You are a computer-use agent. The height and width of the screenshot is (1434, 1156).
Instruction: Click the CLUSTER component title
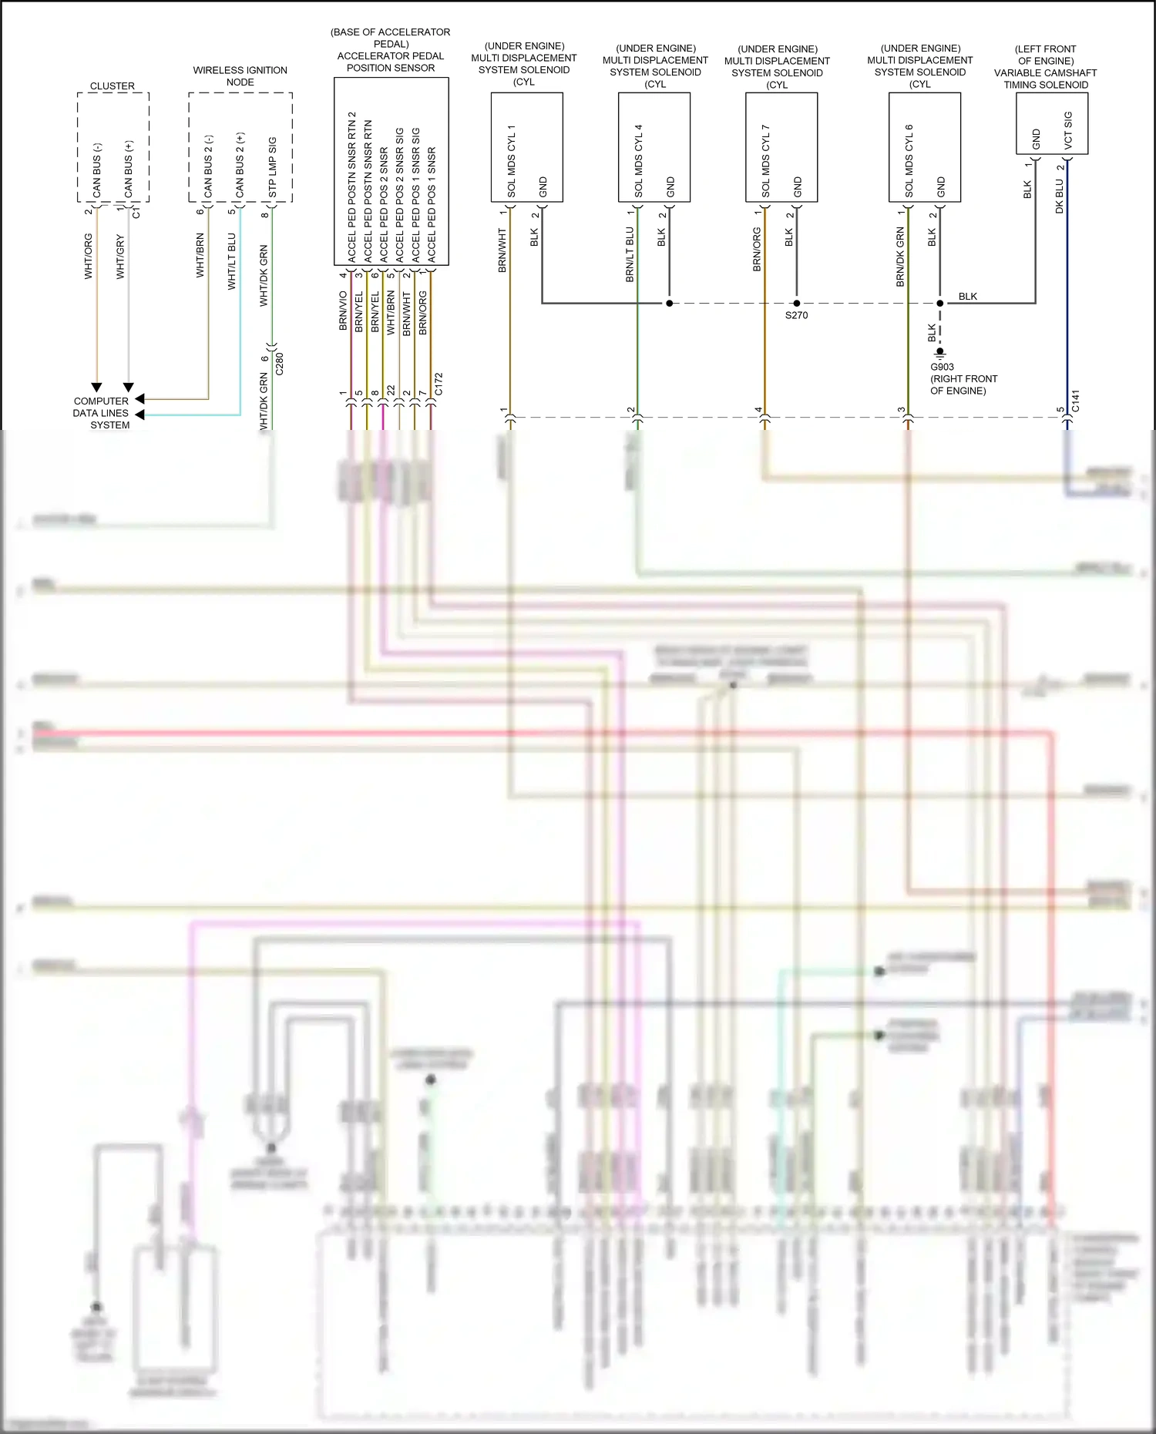point(113,86)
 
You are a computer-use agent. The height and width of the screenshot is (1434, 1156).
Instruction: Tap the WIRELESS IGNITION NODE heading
point(240,76)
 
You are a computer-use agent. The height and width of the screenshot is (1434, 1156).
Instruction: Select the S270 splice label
point(796,315)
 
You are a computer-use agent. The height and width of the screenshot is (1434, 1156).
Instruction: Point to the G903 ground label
point(942,367)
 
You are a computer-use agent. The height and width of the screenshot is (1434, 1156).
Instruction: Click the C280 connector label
point(280,364)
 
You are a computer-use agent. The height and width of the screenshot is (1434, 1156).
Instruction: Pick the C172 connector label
point(439,384)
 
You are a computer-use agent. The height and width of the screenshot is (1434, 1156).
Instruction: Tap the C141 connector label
point(1076,401)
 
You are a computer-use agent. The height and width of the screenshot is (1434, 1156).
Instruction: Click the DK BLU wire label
point(1060,196)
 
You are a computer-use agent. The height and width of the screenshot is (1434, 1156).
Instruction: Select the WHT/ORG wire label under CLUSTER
point(89,256)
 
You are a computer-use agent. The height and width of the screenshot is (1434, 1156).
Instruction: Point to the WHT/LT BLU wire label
point(232,262)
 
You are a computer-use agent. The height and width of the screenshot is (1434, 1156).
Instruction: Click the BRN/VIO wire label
point(343,311)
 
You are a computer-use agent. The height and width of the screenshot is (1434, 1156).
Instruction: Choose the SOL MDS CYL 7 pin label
point(765,160)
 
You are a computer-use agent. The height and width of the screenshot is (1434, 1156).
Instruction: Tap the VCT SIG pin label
point(1068,131)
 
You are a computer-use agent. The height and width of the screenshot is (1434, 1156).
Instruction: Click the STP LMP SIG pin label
point(272,167)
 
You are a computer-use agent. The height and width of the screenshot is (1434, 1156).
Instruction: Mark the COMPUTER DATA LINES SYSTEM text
point(102,413)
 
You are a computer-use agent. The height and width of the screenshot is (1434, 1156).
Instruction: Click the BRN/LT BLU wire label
point(630,254)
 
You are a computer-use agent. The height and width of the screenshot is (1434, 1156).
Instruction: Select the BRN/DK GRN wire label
point(900,257)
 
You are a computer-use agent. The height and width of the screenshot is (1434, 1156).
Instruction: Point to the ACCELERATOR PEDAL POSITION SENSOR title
point(391,62)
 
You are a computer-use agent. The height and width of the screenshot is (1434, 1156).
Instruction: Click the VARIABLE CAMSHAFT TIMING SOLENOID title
point(1045,79)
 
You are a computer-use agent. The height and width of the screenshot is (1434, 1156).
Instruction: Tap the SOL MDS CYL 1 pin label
point(511,160)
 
